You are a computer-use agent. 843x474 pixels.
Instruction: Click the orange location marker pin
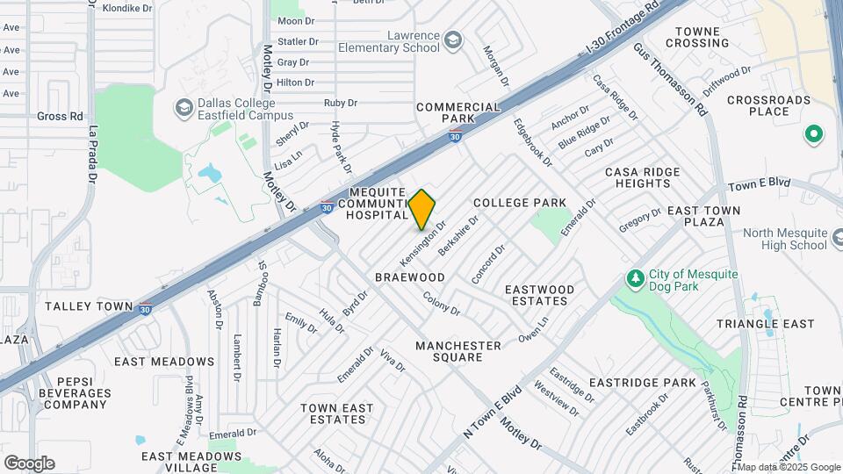point(422,209)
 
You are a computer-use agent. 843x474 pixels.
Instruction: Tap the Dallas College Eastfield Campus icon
point(184,108)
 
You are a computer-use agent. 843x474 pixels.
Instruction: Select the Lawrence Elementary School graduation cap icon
point(452,40)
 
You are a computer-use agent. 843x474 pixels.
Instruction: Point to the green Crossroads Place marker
point(813,134)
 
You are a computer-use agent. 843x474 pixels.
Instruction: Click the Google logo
point(29,463)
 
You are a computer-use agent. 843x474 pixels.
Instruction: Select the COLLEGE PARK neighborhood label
point(520,203)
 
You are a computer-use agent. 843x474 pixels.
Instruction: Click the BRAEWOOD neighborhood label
point(410,277)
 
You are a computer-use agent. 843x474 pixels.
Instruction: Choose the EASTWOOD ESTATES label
point(539,295)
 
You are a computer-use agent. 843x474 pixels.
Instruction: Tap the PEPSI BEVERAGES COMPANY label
point(75,392)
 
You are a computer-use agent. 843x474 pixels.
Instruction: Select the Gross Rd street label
point(60,116)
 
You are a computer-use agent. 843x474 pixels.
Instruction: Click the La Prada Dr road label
point(90,154)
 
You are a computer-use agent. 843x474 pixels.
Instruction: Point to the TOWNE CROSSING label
point(698,37)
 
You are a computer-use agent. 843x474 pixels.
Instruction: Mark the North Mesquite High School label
point(785,239)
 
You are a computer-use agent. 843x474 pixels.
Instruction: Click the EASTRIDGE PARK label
point(642,383)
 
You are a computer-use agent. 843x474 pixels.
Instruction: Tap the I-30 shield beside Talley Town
point(146,308)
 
